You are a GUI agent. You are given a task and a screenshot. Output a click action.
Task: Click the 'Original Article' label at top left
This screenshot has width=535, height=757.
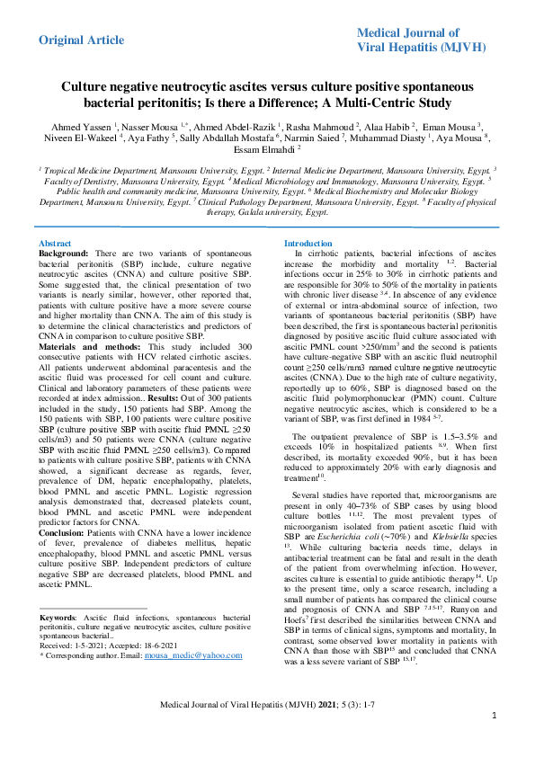coord(81,40)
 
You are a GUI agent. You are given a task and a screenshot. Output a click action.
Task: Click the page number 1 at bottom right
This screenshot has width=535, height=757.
coord(495,741)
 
